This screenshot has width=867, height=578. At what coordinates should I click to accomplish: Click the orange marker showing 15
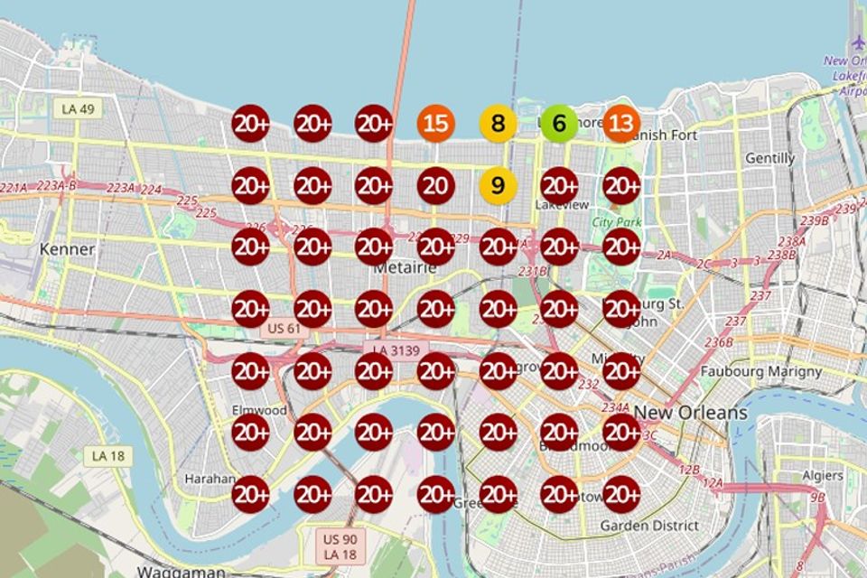(x=435, y=124)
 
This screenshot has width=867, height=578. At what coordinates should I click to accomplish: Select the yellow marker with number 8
(x=498, y=124)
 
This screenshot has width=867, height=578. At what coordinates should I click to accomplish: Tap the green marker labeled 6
(x=559, y=124)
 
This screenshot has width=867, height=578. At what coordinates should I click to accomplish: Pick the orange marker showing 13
(x=621, y=124)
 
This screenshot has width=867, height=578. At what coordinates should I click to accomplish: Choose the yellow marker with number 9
(x=498, y=186)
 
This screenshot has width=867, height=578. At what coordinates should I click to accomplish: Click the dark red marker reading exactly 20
(x=435, y=186)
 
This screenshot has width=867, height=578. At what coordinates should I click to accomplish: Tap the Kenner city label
(x=68, y=248)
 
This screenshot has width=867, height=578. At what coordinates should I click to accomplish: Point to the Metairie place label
(x=406, y=267)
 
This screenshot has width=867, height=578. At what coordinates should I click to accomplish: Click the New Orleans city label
(x=691, y=413)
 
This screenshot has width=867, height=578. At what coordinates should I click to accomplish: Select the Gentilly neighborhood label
(x=769, y=158)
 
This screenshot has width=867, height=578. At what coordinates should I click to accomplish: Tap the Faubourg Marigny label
(x=761, y=371)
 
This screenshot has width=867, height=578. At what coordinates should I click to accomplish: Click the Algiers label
(x=823, y=475)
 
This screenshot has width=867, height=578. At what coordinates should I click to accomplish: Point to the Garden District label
(x=649, y=525)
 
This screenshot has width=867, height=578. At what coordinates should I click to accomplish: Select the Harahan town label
(x=210, y=478)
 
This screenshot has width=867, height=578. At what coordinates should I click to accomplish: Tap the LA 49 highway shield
(x=79, y=109)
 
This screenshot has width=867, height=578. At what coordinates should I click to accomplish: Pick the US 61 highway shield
(x=281, y=329)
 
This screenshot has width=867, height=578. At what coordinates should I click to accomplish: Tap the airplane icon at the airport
(x=858, y=42)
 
